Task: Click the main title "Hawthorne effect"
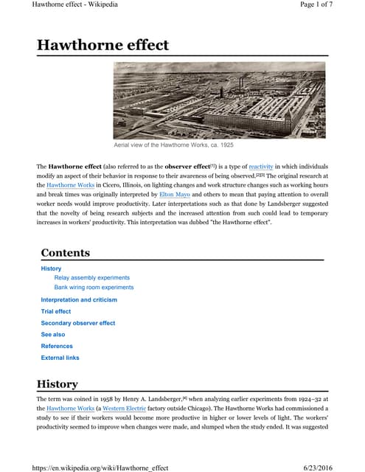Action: click(102, 45)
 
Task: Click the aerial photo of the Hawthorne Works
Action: click(219, 99)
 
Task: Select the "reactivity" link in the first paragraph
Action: click(264, 167)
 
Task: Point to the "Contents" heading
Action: click(66, 253)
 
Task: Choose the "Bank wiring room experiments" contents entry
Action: click(94, 288)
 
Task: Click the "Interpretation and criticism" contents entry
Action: click(79, 300)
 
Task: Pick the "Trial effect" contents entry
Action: click(56, 311)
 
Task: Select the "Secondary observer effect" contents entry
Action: click(78, 323)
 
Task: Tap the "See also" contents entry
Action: click(53, 335)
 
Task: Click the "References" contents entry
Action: click(57, 346)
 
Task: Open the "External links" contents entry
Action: click(60, 358)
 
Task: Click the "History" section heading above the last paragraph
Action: click(57, 384)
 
